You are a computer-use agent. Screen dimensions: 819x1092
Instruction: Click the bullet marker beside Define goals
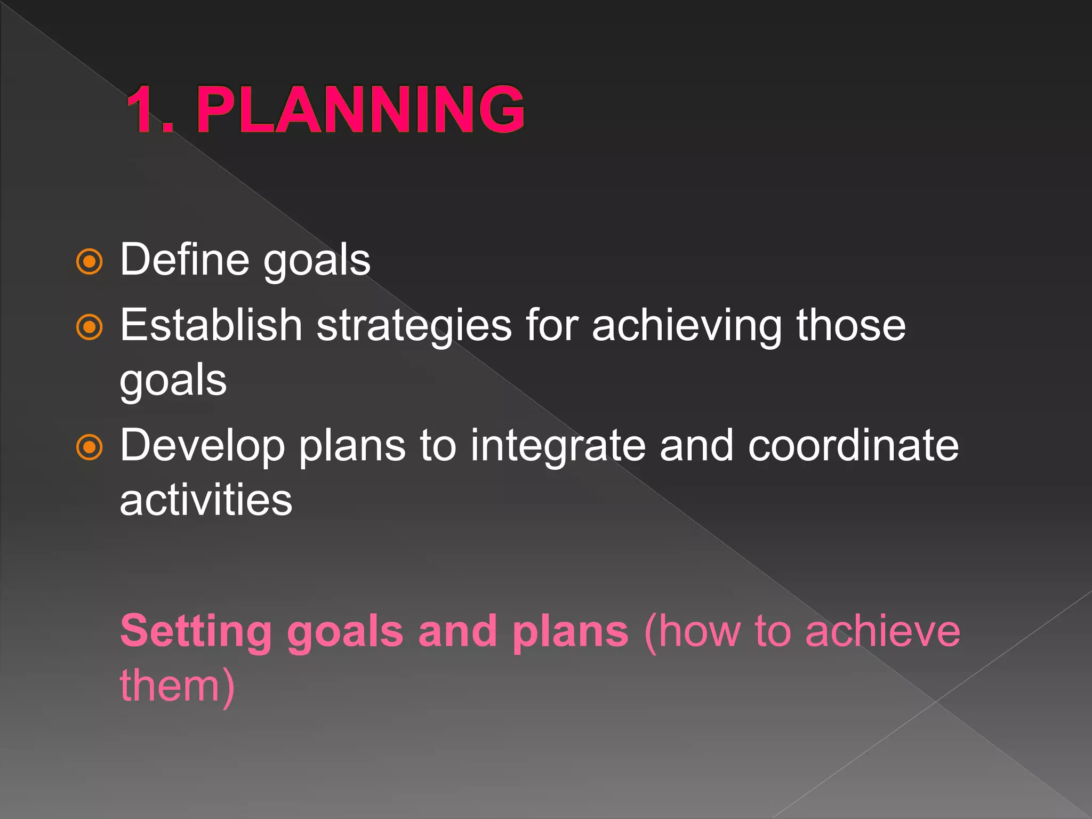89,261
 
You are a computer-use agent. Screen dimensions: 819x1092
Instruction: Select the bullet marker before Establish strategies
89,327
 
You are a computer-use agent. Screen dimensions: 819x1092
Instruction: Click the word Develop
203,447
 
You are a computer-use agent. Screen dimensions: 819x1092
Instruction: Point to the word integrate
558,447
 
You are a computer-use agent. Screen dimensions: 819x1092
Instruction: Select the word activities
206,500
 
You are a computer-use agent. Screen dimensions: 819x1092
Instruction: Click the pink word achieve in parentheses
882,631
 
